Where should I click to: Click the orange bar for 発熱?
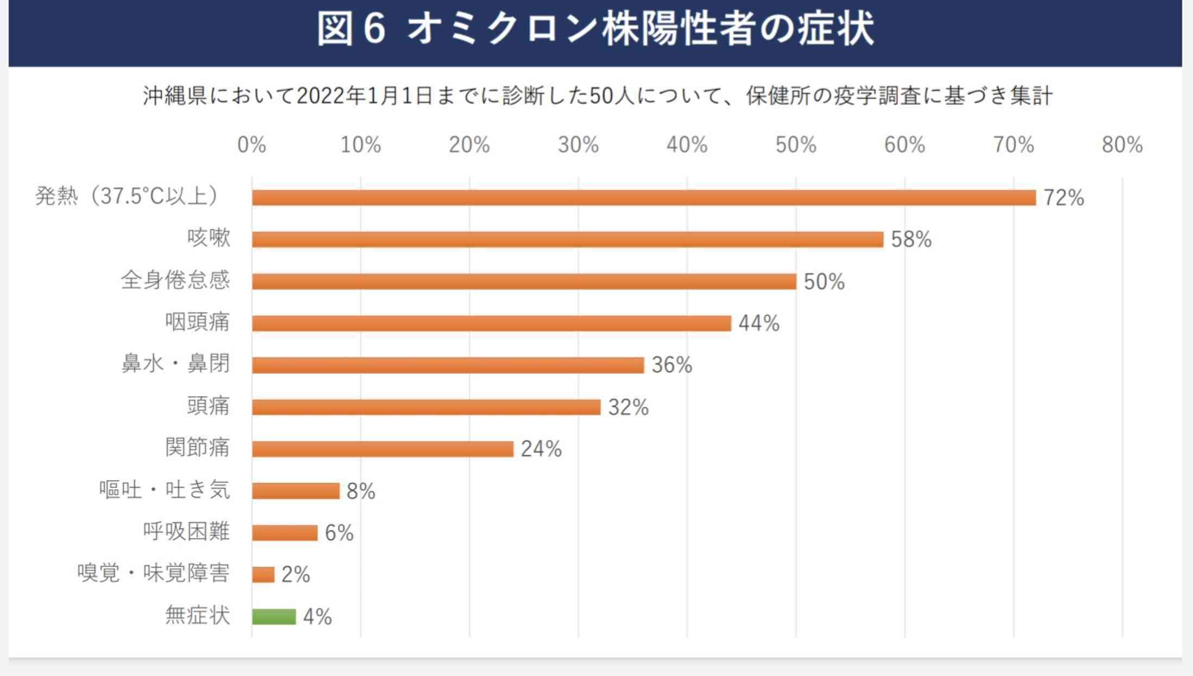[644, 198]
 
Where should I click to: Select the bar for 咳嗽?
[568, 240]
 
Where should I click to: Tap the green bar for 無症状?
[274, 617]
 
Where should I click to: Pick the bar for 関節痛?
[382, 449]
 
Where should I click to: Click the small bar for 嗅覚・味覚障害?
[263, 574]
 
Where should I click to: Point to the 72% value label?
[1064, 198]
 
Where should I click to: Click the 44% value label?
[759, 323]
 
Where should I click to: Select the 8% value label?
[361, 491]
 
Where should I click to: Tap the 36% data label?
[672, 365]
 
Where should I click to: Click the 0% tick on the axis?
[252, 145]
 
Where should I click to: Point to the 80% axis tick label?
[1122, 145]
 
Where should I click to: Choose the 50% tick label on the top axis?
[796, 145]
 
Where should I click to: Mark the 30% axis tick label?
[578, 145]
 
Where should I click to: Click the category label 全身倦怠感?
[175, 280]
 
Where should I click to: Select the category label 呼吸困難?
[186, 531]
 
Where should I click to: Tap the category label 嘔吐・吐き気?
[165, 490]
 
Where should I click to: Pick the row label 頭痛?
[208, 406]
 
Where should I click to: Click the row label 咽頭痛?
[197, 322]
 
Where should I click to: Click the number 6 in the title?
[374, 29]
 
